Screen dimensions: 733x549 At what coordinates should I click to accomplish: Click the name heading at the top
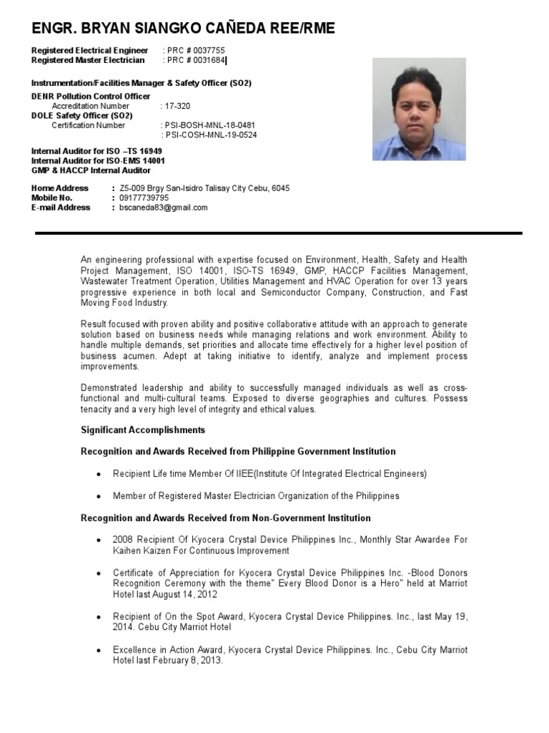coord(183,28)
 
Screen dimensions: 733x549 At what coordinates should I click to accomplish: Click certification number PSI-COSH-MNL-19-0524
coord(210,135)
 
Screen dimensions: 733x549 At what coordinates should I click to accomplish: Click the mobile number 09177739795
coord(144,198)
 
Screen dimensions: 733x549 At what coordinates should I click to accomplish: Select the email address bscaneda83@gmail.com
coord(164,208)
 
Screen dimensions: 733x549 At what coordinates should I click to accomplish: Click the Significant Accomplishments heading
coord(142,430)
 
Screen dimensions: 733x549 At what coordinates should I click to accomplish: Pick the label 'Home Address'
coord(60,188)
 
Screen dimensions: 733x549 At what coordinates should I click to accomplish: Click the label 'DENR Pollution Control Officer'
coord(91,97)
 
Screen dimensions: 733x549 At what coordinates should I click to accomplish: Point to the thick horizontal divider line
coord(279,233)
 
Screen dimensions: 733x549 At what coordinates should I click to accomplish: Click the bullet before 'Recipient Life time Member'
coord(98,475)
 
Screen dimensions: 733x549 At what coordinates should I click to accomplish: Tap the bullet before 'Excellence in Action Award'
coord(98,651)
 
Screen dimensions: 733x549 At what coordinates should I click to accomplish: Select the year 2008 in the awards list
coord(123,540)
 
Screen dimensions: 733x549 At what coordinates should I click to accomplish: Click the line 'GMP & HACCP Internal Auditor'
coord(91,170)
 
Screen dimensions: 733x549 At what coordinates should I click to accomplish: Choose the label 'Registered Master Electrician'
coord(88,60)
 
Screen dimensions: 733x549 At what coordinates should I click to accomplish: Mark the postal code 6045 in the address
coord(281,188)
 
